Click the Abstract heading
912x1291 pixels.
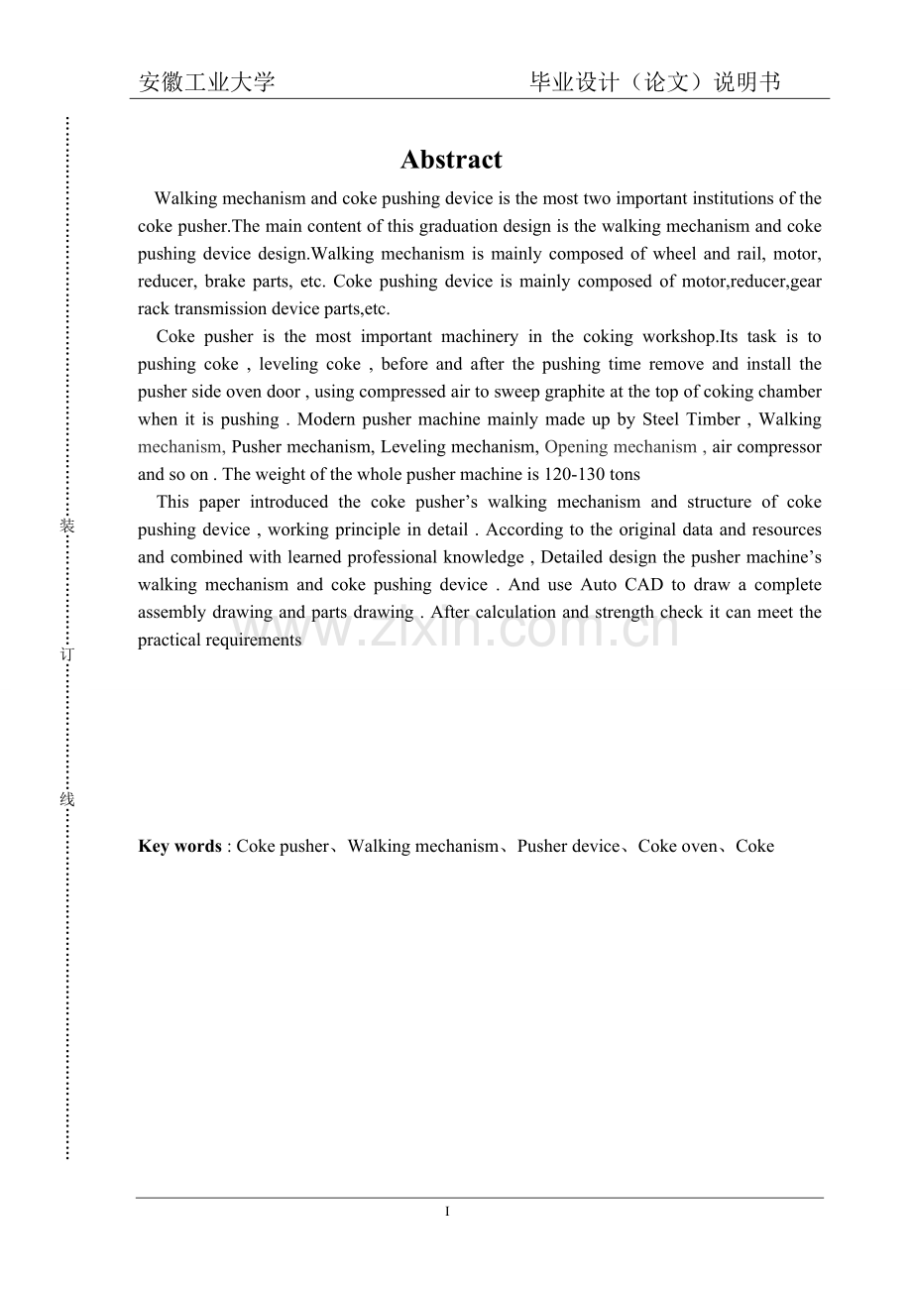(451, 160)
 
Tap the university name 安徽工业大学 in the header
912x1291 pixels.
(206, 82)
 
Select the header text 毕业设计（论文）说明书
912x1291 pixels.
(655, 82)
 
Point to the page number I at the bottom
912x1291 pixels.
(448, 1211)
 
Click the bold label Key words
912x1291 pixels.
(179, 846)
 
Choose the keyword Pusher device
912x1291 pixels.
(568, 846)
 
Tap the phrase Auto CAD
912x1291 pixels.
(622, 585)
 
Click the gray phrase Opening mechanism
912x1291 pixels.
(621, 447)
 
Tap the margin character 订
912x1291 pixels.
(67, 655)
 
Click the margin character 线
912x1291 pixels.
(67, 799)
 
